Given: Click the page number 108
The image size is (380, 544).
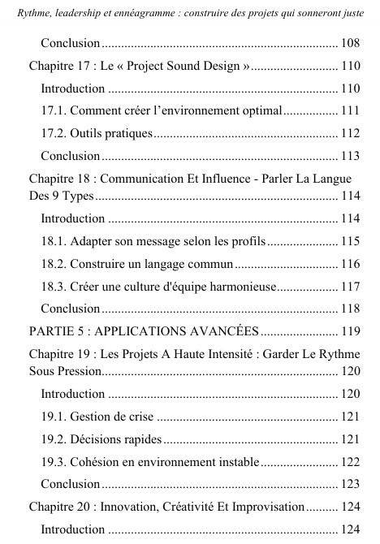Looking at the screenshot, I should point(351,42).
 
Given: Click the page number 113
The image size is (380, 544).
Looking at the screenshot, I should point(351,155).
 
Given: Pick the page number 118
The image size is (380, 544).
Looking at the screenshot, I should point(351,308).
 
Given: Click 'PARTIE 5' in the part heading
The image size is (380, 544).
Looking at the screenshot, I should point(58,330).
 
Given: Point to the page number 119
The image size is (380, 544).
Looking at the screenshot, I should point(351,330).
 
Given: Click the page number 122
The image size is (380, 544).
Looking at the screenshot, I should point(351,462).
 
